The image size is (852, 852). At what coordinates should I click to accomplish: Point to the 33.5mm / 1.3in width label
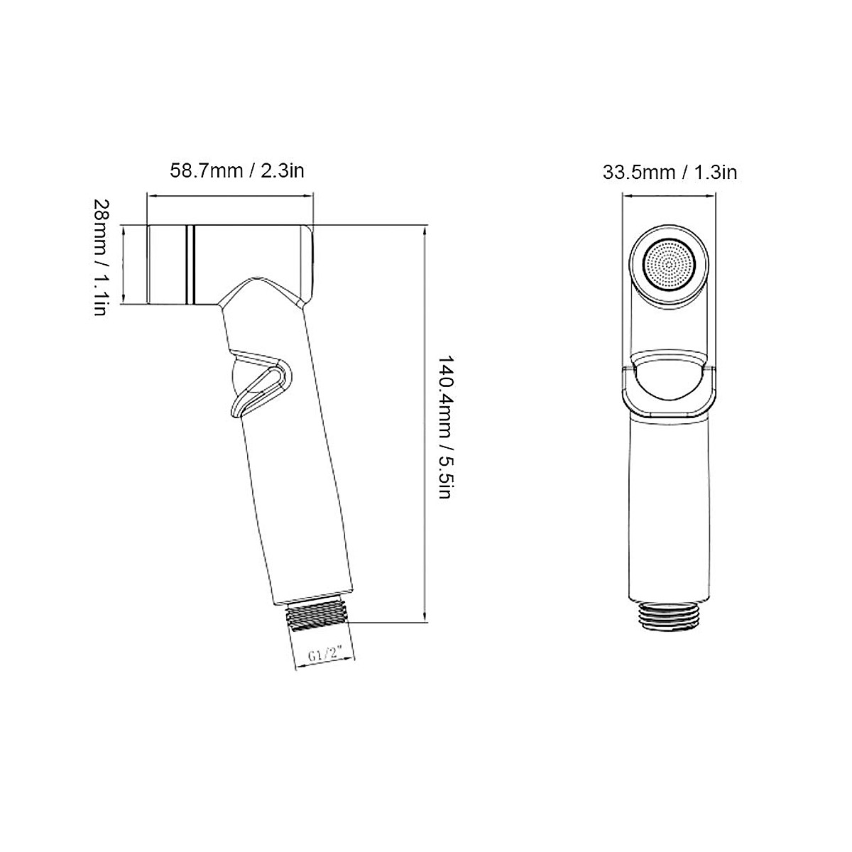pos(670,171)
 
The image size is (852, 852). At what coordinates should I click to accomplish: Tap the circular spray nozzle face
pos(669,265)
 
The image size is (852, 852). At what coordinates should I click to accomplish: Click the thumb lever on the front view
pos(669,383)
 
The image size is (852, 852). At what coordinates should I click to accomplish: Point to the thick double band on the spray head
pos(190,264)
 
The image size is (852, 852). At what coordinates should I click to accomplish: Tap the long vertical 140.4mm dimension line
pos(425,426)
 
